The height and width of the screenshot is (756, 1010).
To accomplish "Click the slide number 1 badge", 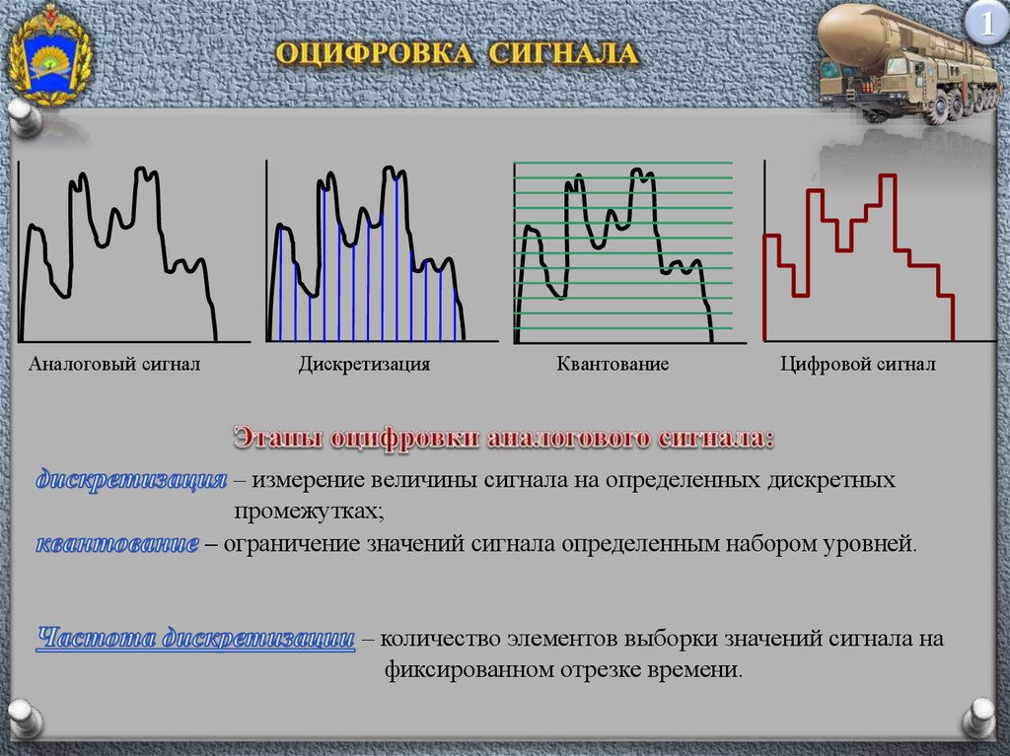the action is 986,25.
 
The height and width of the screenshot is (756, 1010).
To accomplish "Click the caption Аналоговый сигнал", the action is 114,365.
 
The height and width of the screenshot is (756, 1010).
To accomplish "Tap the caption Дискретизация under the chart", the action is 364,365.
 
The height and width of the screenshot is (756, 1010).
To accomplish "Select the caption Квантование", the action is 613,365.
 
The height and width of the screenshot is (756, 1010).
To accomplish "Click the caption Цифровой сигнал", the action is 857,365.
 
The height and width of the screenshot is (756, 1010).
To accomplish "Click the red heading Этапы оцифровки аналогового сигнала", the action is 504,438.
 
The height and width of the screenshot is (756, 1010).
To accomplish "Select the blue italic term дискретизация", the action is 131,480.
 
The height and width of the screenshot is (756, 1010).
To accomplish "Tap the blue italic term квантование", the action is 117,543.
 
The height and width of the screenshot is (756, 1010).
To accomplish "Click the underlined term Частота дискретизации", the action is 196,638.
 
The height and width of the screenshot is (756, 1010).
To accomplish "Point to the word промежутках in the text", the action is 309,512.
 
